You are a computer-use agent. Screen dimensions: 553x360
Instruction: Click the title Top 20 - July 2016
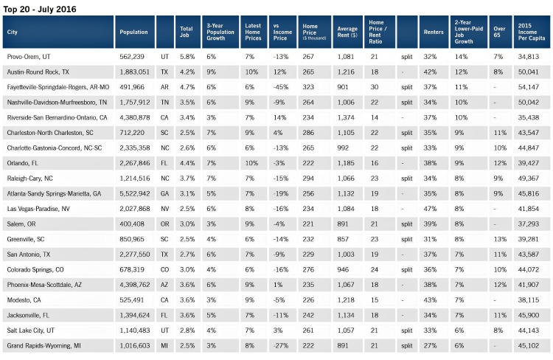(x=40, y=9)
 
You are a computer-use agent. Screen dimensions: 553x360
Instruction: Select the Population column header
(x=133, y=32)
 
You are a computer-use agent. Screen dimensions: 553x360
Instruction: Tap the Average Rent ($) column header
(x=347, y=32)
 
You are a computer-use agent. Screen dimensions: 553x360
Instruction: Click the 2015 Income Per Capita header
(x=532, y=32)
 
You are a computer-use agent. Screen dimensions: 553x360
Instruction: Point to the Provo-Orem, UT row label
(x=29, y=57)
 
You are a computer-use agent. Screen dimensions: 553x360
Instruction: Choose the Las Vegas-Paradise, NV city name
(x=38, y=209)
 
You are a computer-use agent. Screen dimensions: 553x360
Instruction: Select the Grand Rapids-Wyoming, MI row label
(x=44, y=346)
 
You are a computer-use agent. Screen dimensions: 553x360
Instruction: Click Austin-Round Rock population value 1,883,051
(x=135, y=72)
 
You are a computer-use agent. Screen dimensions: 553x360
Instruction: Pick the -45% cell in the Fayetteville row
(x=281, y=87)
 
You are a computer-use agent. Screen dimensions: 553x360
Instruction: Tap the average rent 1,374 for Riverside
(x=346, y=117)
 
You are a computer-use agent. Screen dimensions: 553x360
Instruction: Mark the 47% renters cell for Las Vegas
(x=430, y=209)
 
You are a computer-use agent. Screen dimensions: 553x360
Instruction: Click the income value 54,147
(x=529, y=87)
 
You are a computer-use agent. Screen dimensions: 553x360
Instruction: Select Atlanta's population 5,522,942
(x=135, y=194)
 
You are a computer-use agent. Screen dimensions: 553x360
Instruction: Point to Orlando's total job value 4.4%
(x=187, y=164)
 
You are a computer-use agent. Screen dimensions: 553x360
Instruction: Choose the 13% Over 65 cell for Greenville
(x=500, y=239)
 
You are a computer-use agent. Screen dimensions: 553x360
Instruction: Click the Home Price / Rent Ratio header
(x=378, y=32)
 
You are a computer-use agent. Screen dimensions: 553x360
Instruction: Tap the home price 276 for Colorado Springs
(x=308, y=270)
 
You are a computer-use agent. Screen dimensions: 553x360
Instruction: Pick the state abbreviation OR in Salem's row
(x=164, y=224)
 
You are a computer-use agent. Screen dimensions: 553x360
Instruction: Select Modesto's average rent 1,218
(x=346, y=300)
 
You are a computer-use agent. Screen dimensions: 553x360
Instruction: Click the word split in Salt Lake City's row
(x=406, y=330)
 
